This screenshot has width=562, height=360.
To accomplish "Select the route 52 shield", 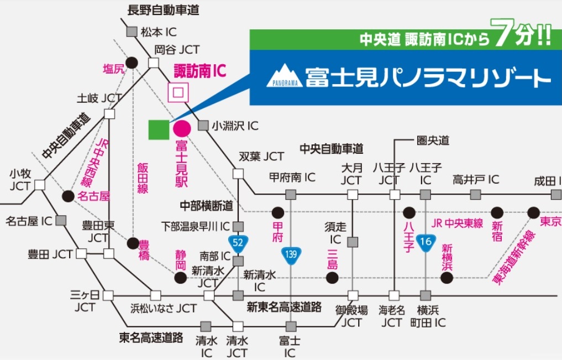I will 238,242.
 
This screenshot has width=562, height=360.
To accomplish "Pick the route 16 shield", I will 425,242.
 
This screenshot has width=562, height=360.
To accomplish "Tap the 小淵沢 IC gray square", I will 203,126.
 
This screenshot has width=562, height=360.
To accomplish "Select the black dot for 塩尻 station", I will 132,62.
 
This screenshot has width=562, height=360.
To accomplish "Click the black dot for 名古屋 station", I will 68,196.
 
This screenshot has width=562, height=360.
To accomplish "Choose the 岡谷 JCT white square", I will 154,62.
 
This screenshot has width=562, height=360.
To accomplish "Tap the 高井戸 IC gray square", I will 476,195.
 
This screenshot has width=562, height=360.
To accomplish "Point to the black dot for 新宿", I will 497,212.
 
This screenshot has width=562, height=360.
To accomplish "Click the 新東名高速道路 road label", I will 284,308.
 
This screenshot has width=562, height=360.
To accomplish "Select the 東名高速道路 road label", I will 151,337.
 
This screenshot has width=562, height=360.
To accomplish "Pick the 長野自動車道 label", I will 163,10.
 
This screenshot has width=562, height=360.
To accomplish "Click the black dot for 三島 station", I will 332,278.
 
